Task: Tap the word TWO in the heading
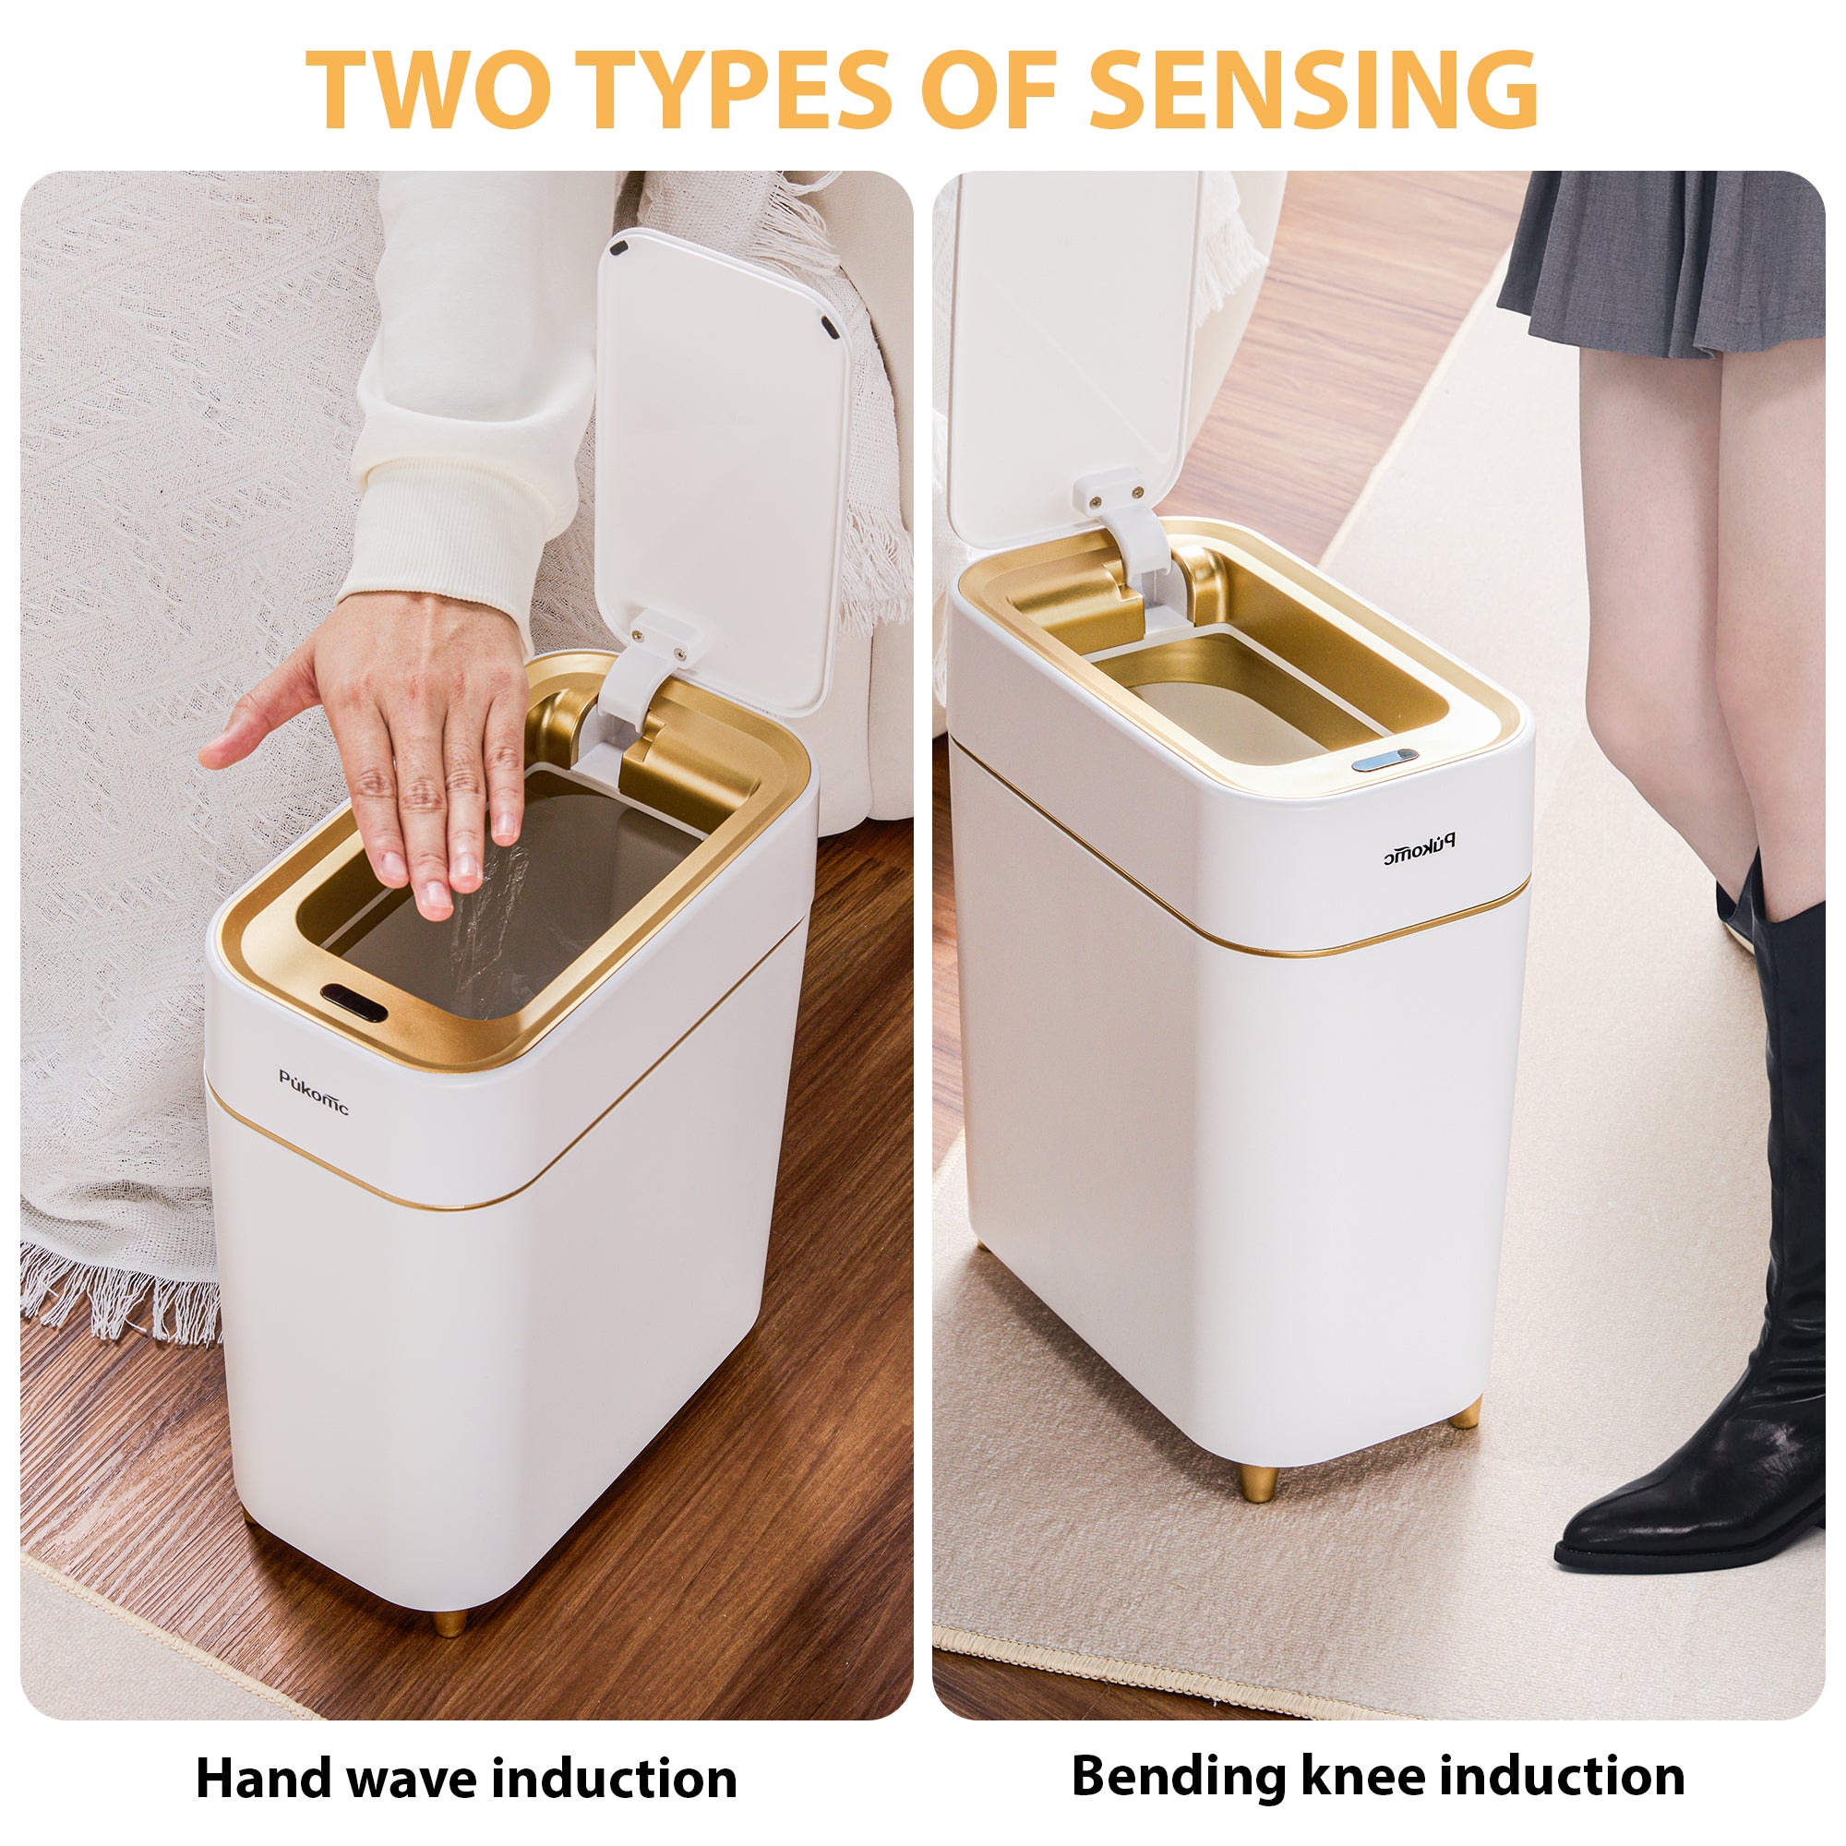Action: point(428,88)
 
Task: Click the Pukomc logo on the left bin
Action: point(314,1092)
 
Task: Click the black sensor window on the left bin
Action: point(354,1001)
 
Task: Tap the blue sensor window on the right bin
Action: point(1384,760)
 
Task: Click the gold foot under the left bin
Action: point(450,1624)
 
